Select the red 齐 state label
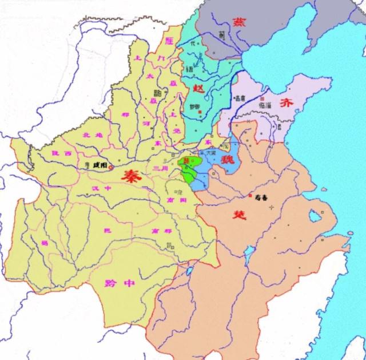tap(286, 103)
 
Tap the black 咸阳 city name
tap(98, 165)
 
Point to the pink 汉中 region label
tap(100, 188)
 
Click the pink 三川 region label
tap(160, 168)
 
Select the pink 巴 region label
tap(105, 231)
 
